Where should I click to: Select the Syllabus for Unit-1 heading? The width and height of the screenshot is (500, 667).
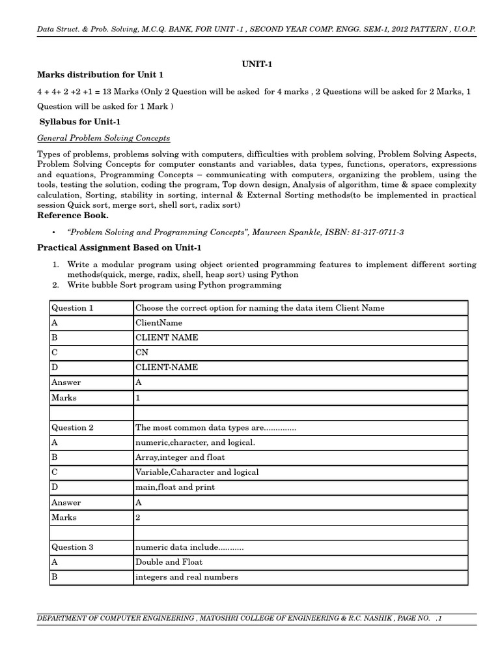pos(79,122)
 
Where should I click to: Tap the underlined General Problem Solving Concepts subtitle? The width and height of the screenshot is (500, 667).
pos(104,138)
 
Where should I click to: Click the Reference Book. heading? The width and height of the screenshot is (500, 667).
pos(73,216)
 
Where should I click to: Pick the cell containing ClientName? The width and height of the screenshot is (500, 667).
pos(159,323)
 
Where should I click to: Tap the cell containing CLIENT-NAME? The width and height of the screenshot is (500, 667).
pos(167,367)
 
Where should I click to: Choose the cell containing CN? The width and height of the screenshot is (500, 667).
pos(141,352)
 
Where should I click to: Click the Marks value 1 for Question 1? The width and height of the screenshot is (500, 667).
pos(138,397)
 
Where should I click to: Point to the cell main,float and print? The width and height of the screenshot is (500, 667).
pos(175,487)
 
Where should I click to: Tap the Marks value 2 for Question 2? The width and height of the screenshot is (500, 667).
pos(138,517)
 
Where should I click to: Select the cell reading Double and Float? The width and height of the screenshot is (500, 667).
pos(169,562)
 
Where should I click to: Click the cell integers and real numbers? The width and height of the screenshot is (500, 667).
pos(186,577)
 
